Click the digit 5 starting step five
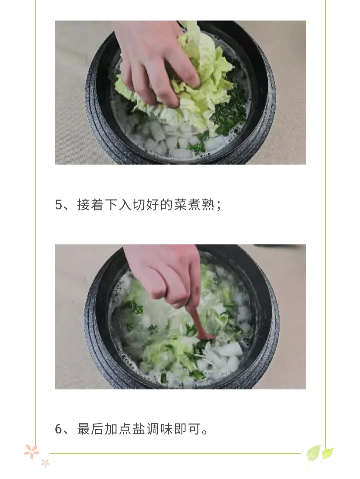click(59, 205)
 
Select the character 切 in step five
click(139, 205)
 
